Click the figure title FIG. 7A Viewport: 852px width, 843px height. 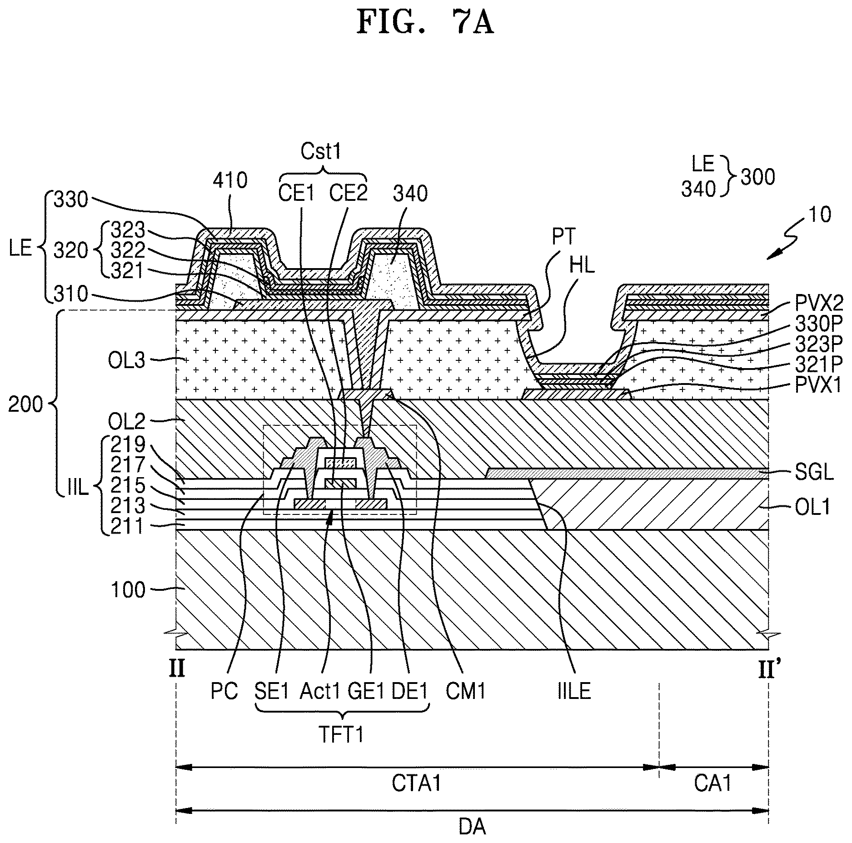point(425,23)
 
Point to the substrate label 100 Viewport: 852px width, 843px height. point(129,590)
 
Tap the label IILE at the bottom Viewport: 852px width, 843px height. point(574,691)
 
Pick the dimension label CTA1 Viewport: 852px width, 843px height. point(417,783)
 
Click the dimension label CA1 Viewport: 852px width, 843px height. point(712,783)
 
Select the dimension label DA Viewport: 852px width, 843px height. point(472,827)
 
